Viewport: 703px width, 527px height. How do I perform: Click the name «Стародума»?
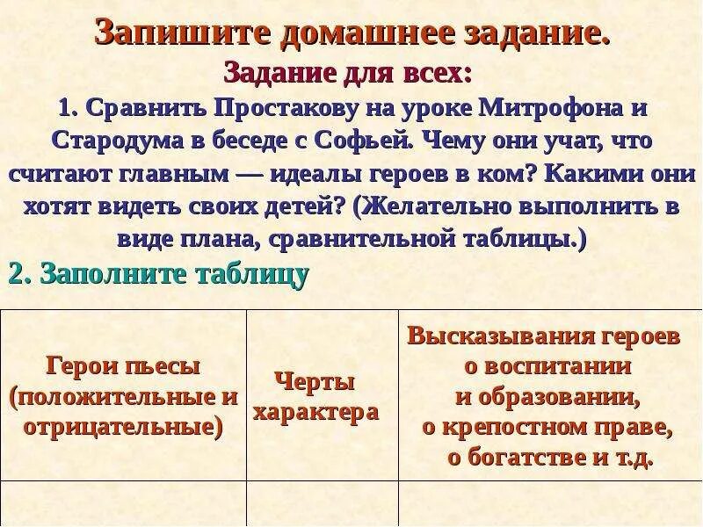[x=115, y=141]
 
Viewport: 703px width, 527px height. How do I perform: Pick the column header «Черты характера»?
[x=316, y=397]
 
